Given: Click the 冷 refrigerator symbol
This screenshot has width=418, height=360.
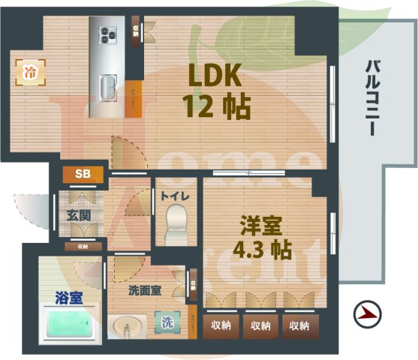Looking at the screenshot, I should point(31,73).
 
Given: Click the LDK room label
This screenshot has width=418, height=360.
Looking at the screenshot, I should point(213,76).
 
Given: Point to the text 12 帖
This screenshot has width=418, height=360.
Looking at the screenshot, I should point(215,107).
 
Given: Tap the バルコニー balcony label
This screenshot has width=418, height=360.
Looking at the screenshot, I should point(370,97).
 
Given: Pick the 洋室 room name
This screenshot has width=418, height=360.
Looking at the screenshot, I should point(260,224).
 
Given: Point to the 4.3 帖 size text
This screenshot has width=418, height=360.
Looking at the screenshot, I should point(262,249).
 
